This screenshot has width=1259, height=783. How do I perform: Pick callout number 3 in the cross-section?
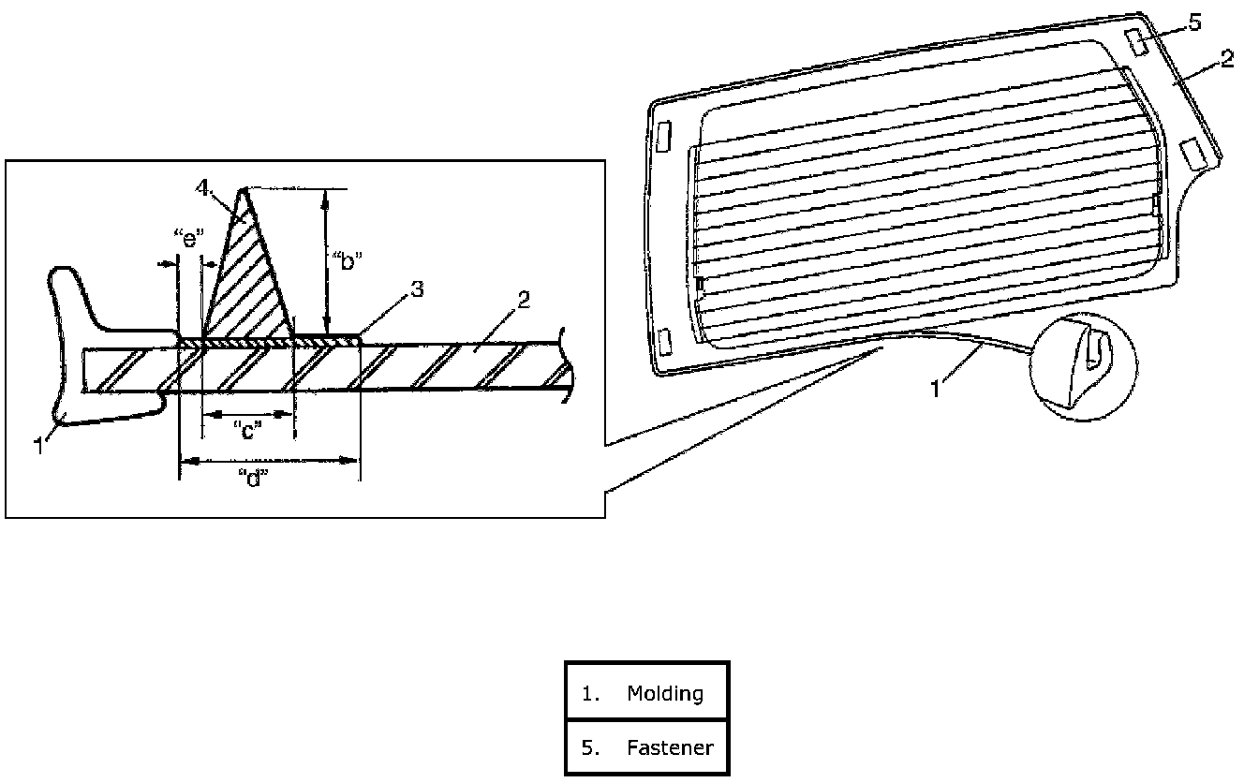[x=416, y=289]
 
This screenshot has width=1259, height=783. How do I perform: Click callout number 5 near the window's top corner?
[x=1193, y=23]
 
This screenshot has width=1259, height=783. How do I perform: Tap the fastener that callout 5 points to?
[x=1133, y=42]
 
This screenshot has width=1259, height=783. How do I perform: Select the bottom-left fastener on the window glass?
[x=667, y=342]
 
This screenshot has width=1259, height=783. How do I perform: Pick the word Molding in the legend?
[x=664, y=694]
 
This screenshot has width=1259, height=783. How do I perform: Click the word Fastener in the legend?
[x=670, y=747]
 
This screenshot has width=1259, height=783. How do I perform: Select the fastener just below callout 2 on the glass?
[x=1192, y=152]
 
